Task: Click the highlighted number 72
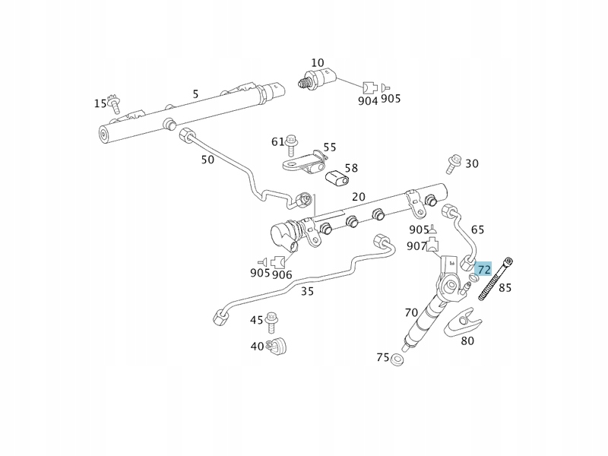coord(484,270)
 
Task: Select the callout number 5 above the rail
coord(195,94)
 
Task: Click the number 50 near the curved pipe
coord(207,160)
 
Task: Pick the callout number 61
coord(278,141)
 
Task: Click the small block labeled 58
coord(336,179)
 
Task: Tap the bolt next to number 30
coord(454,160)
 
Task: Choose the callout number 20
coord(359,197)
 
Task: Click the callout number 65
coord(477,230)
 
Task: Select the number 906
coord(283,274)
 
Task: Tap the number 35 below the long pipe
coord(308,290)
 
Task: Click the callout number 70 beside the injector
coord(411,312)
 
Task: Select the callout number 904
coord(368,100)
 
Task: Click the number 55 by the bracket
coord(329,147)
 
